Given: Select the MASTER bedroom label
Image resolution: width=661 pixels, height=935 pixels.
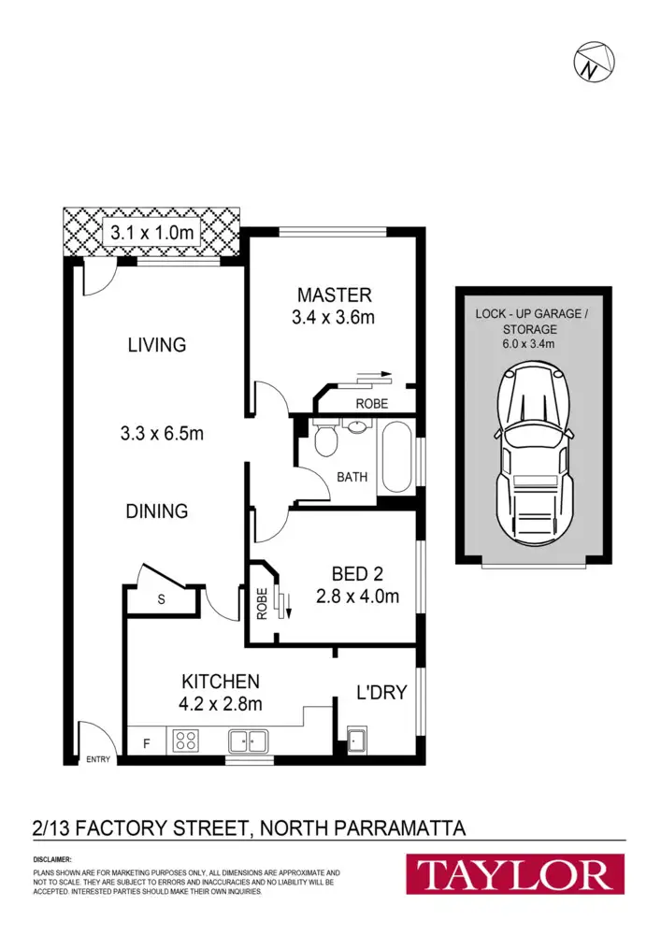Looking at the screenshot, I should (x=334, y=295).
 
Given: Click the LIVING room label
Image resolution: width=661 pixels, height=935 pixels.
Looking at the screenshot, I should (x=157, y=345).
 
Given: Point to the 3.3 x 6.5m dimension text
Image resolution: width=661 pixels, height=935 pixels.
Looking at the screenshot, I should (x=162, y=434).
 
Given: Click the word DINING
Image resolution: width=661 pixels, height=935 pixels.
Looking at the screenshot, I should (x=158, y=511).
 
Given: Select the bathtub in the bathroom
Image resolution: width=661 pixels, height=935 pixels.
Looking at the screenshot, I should (x=395, y=458).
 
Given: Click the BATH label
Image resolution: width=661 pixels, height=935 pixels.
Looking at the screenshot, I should (x=352, y=477).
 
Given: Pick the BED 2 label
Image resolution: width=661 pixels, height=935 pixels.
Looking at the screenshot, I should (x=358, y=573).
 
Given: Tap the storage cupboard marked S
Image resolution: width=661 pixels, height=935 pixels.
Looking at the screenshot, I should (x=161, y=600).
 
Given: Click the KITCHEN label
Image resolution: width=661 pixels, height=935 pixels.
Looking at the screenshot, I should (x=221, y=682).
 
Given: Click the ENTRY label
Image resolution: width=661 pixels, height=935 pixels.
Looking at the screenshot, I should (x=98, y=759).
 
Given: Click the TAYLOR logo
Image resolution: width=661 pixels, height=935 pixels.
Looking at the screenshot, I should (x=515, y=876).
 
